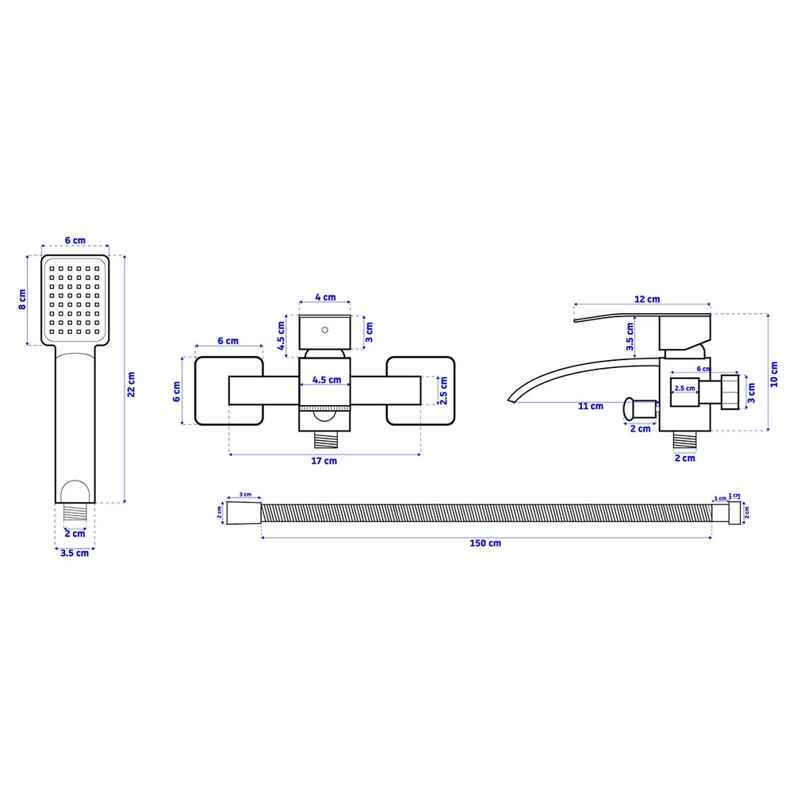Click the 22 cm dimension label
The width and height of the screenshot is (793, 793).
click(x=131, y=385)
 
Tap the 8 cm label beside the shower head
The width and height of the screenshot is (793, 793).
click(x=22, y=300)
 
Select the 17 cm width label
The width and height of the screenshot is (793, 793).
click(x=324, y=461)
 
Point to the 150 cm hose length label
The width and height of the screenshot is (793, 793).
click(x=485, y=543)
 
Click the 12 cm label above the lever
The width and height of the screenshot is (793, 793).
click(x=647, y=299)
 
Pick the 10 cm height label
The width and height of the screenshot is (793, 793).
click(x=774, y=374)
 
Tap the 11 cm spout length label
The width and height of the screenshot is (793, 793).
click(x=591, y=406)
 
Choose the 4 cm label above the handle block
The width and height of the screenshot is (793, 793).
click(x=325, y=297)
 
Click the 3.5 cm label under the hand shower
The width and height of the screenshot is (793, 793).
click(x=75, y=553)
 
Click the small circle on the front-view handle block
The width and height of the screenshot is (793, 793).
click(x=324, y=330)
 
